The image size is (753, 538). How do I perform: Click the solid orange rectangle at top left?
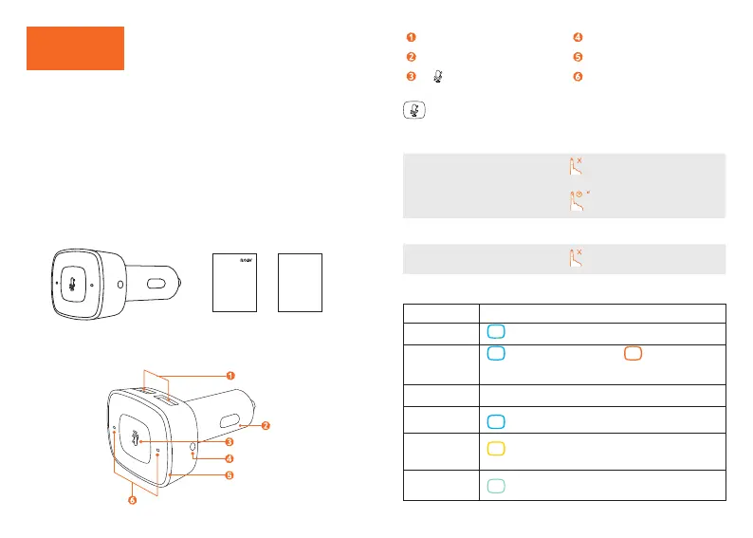(x=75, y=48)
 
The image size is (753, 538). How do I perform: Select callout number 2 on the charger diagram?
(x=266, y=425)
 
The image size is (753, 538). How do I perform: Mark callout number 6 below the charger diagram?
(x=132, y=501)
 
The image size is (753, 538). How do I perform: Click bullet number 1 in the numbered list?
(x=411, y=38)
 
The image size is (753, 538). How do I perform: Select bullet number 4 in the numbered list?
(x=578, y=38)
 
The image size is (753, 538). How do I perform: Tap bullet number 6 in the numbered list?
(x=578, y=76)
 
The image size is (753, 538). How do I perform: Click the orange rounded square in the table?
(x=634, y=354)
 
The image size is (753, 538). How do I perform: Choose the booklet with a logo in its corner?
(x=233, y=283)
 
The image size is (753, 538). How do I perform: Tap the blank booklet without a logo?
(x=300, y=283)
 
